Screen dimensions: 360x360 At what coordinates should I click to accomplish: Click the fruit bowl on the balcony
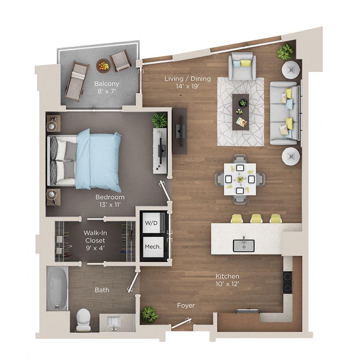(x=103, y=66)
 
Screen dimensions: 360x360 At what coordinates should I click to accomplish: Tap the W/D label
(x=151, y=222)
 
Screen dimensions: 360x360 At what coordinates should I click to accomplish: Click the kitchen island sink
(x=243, y=245)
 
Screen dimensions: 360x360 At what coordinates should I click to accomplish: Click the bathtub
(x=57, y=288)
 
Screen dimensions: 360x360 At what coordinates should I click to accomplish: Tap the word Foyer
(x=186, y=306)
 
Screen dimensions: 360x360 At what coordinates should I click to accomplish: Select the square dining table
(x=240, y=179)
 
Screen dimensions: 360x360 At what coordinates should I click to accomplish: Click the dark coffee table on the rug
(x=240, y=112)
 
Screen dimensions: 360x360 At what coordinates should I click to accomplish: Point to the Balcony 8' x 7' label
(x=107, y=87)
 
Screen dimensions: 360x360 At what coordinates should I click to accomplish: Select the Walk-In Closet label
(x=95, y=240)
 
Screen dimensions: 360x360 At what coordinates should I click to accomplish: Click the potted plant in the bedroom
(x=159, y=120)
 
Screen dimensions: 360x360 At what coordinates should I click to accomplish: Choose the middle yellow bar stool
(x=256, y=218)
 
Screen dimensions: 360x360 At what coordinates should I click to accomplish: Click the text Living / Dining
(x=188, y=79)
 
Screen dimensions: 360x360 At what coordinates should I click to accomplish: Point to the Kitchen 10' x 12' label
(x=227, y=280)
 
